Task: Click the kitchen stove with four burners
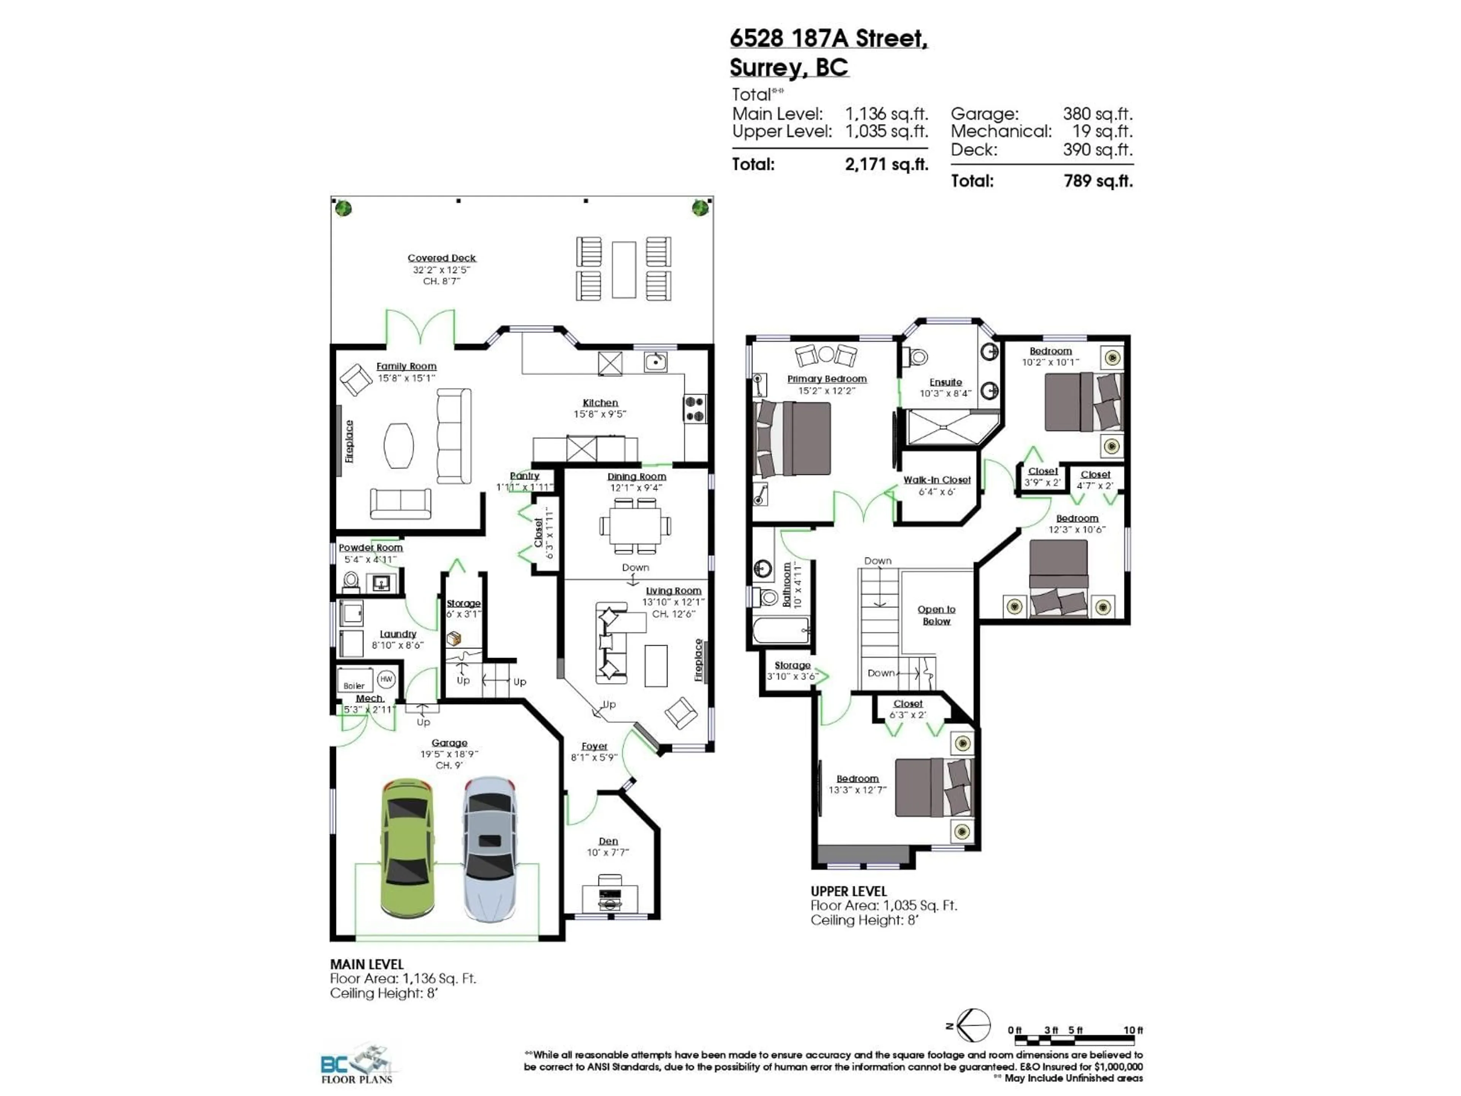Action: click(694, 409)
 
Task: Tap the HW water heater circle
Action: click(386, 679)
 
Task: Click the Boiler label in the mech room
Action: click(354, 686)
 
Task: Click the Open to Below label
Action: click(936, 615)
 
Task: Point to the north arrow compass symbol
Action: click(974, 1026)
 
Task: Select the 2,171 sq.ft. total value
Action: click(886, 164)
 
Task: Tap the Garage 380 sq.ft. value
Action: click(1097, 114)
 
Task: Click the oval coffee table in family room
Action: click(399, 445)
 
